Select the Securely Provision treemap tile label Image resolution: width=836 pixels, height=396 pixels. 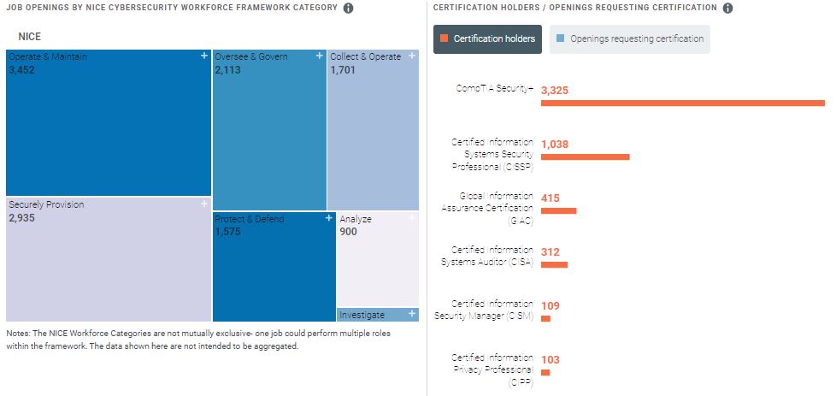pos(46,204)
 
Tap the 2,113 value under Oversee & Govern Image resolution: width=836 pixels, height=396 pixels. pos(229,70)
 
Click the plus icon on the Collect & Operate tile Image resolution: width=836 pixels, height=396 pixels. pos(412,56)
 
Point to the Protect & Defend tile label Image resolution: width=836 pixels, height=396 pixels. pos(250,219)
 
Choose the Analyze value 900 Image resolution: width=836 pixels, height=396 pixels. pos(349,232)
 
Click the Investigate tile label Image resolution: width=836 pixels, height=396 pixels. pos(362,315)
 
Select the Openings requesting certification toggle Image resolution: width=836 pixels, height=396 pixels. pos(629,38)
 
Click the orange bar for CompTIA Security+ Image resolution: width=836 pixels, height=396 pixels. pos(682,103)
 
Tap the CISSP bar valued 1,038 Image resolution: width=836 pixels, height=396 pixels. pos(585,157)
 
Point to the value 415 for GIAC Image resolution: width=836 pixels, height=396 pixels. pos(550,198)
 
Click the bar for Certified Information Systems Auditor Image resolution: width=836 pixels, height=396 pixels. pos(554,264)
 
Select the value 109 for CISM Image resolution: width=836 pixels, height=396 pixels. pos(550,305)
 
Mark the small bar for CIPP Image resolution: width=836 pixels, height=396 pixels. pos(545,372)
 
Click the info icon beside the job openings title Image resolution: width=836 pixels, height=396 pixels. pos(348,9)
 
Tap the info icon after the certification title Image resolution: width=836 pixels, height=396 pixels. pos(727,9)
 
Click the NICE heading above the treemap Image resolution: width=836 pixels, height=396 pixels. pos(30,37)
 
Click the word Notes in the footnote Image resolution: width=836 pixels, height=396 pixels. pos(18,333)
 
